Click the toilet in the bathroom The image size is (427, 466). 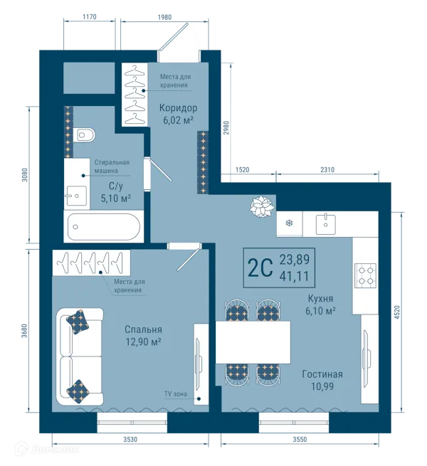coord(84,135)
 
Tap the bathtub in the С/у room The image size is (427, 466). coord(104,227)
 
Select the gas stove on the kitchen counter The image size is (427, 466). coord(366,275)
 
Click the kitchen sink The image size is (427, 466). coord(326,224)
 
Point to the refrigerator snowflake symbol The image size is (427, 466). coord(289,223)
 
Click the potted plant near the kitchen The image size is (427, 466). coord(261,206)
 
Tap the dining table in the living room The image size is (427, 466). coord(253,342)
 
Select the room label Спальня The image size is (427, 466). coord(143,329)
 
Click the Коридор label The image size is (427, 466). coord(178,107)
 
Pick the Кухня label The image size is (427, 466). coord(320,298)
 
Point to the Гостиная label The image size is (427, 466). coord(322,374)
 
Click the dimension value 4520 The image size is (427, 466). coord(397,312)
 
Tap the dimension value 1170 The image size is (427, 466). coord(89,17)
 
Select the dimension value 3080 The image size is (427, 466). coord(25,175)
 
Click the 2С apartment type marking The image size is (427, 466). coord(260,268)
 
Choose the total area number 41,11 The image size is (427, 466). coord(294,276)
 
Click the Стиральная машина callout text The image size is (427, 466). coord(112,166)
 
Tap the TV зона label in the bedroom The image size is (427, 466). coord(176,393)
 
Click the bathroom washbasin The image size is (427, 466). coord(76,196)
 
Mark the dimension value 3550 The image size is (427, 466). coord(300,439)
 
